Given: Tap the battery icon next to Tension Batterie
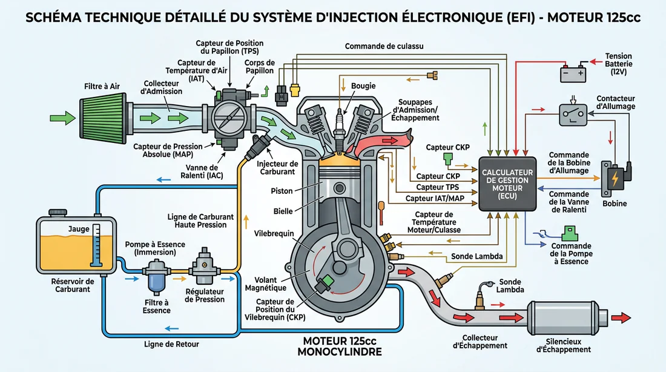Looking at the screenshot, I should point(572,73).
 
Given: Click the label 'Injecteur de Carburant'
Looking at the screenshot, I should point(277,168).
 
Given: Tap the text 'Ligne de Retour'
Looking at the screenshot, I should point(171,344).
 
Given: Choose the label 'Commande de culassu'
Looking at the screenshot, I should point(384,46).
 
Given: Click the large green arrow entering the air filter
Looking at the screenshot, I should point(62,115).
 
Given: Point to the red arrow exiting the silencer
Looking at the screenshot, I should point(622,317).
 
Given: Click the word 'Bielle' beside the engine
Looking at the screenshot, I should point(283,211).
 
